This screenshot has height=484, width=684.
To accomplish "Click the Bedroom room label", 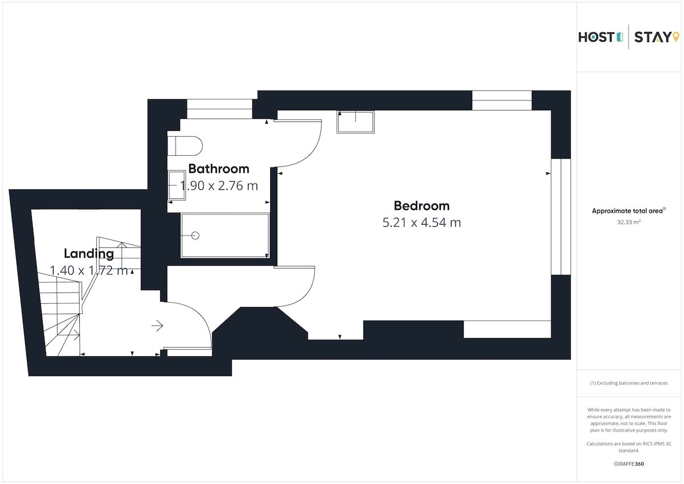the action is (x=422, y=206).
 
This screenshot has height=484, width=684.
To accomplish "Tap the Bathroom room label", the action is (x=219, y=169).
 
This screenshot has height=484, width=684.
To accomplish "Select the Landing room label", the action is (x=89, y=254).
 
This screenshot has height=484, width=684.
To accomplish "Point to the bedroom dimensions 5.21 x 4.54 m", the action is (x=422, y=222).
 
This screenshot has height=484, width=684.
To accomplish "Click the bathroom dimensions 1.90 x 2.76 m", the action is (x=219, y=186).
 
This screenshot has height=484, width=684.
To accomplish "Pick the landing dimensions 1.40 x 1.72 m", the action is (x=88, y=271).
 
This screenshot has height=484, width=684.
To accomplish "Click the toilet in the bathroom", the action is (x=185, y=146).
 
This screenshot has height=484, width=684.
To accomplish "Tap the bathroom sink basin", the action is (x=177, y=185).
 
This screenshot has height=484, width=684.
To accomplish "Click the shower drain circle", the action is (x=196, y=235).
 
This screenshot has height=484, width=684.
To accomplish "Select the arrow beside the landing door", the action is (x=157, y=326).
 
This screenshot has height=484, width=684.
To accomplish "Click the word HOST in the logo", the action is (x=596, y=37).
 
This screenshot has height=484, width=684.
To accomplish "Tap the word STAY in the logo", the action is (x=652, y=37).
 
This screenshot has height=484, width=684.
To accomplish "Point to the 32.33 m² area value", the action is (x=629, y=222).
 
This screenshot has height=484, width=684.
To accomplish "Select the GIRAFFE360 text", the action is (x=629, y=464).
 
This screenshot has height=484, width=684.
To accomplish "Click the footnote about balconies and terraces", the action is (x=629, y=383).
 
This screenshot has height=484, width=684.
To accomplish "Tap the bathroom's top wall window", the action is (x=219, y=109).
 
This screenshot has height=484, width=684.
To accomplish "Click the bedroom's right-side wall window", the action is (x=561, y=217).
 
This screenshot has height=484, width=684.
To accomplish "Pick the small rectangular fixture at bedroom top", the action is (x=356, y=122).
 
